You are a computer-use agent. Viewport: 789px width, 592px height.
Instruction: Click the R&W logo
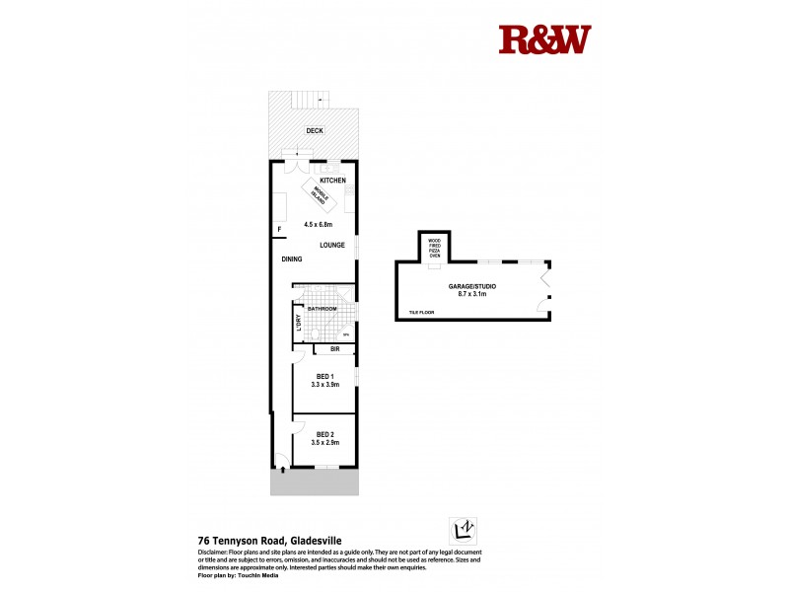point(544,39)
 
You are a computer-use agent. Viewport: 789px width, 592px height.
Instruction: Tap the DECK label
point(315,131)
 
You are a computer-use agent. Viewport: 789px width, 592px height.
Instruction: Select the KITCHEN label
point(332,180)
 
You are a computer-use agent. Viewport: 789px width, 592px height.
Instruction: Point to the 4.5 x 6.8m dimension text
point(317,225)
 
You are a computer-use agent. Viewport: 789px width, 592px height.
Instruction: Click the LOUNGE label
point(331,245)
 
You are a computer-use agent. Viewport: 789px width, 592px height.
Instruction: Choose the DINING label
point(291,259)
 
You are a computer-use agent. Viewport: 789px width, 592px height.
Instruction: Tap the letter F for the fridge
point(279,230)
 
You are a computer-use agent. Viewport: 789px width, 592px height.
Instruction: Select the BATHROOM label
point(322,310)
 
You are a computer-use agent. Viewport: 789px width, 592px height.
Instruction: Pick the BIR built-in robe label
point(335,349)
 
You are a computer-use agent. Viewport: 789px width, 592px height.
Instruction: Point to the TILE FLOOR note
point(421,313)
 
